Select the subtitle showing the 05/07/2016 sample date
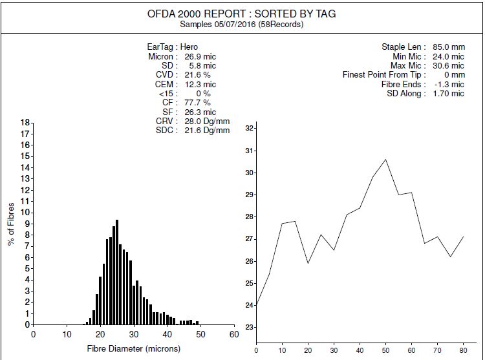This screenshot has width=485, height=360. click(x=242, y=25)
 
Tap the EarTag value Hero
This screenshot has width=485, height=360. click(x=189, y=47)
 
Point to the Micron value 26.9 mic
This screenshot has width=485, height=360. click(x=200, y=57)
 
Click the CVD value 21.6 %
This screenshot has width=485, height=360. click(x=193, y=75)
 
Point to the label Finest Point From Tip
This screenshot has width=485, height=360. click(x=383, y=75)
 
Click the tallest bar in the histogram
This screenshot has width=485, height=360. click(x=117, y=271)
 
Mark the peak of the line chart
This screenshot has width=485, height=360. click(x=385, y=159)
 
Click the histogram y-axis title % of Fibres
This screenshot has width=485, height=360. click(x=11, y=224)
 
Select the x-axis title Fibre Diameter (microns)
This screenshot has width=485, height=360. click(x=127, y=348)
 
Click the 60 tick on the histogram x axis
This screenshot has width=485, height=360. click(x=233, y=334)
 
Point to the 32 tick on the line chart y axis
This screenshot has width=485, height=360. click(x=250, y=129)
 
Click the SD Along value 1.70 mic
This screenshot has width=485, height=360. click(x=447, y=94)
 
